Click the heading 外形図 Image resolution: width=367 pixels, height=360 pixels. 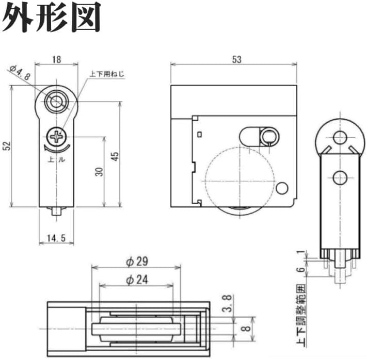[52, 19]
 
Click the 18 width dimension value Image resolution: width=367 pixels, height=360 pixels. [56, 59]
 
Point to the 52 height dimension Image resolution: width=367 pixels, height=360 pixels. [6, 146]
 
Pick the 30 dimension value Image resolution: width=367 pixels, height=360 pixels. [99, 171]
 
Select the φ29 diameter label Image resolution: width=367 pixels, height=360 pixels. [136, 261]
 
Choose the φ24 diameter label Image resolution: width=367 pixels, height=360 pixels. [136, 280]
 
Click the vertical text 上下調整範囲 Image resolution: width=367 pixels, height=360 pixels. [298, 315]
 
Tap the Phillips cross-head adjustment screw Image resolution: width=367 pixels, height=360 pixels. [56, 137]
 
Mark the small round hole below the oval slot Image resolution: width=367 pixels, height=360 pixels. [282, 187]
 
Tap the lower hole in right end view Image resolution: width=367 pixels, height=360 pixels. [339, 178]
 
